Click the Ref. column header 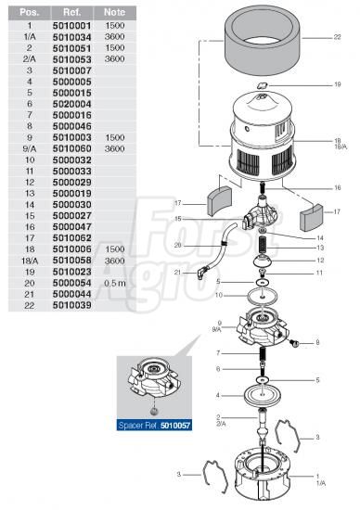[x=72, y=12]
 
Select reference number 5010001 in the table [x=72, y=26]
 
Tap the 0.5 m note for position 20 [x=115, y=283]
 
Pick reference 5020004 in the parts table [x=72, y=104]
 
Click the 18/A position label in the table [x=30, y=261]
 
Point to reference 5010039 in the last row [x=72, y=305]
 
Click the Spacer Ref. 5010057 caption [x=154, y=425]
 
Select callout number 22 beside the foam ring [x=337, y=37]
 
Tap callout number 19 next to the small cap [x=338, y=84]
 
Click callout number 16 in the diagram [x=338, y=187]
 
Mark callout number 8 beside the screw [x=317, y=342]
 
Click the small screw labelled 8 [x=294, y=343]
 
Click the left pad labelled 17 [x=219, y=201]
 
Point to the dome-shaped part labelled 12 [x=264, y=261]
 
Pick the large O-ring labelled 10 [x=263, y=297]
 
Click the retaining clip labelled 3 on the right [x=289, y=436]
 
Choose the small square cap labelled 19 [x=263, y=86]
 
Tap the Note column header [x=114, y=12]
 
